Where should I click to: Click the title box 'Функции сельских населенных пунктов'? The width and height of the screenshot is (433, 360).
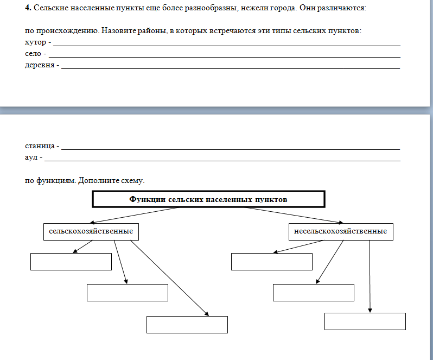[208, 199]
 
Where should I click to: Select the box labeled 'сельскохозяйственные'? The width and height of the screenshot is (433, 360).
[91, 231]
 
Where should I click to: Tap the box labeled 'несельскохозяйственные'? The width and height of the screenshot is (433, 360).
[340, 231]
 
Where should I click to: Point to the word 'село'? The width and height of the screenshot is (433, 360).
[33, 54]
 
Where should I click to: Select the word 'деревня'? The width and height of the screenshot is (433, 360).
[40, 65]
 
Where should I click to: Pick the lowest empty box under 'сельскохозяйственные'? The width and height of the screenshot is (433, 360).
[187, 324]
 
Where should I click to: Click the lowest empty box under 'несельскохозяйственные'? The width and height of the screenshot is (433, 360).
[365, 321]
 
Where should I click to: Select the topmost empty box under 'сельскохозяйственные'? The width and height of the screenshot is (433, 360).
[71, 261]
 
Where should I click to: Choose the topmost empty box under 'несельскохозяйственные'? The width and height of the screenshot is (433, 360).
[271, 261]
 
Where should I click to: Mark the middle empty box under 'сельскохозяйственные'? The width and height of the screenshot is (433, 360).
[127, 292]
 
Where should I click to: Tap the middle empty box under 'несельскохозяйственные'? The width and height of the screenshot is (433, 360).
[313, 292]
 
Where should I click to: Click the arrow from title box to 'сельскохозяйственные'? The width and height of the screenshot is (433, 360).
[136, 215]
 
